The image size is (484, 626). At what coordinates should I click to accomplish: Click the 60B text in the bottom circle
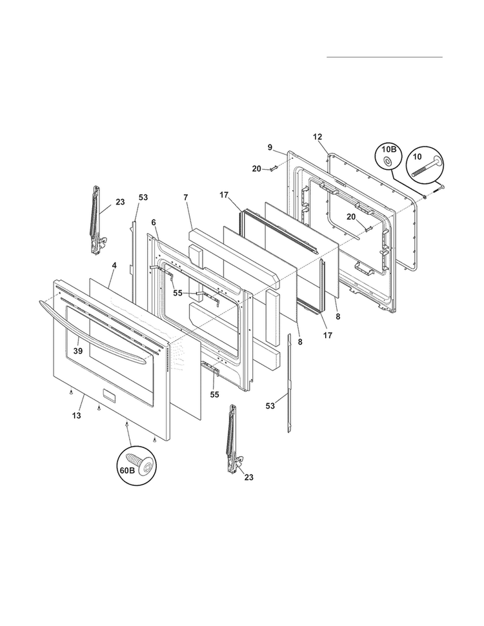tap(126, 470)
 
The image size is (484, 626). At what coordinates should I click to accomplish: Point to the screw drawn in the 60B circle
tap(141, 461)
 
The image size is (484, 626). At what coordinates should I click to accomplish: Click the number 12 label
tap(317, 137)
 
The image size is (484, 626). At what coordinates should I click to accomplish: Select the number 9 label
tap(270, 147)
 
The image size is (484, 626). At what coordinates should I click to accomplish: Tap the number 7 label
tap(185, 196)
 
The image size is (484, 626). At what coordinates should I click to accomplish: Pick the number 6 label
tap(154, 222)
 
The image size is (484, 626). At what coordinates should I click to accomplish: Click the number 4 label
tap(114, 265)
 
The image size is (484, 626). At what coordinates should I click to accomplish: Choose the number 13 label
tap(76, 416)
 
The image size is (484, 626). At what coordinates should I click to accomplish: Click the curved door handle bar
tap(97, 326)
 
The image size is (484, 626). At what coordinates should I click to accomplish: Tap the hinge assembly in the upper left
tap(96, 219)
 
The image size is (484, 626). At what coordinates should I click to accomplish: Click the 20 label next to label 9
tap(256, 168)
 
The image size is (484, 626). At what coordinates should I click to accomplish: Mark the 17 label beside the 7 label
tap(224, 194)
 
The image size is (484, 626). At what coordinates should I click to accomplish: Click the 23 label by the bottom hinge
tap(248, 477)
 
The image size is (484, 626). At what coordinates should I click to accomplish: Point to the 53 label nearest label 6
tap(143, 197)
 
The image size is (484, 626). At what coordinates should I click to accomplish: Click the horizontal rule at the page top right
tap(385, 57)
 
